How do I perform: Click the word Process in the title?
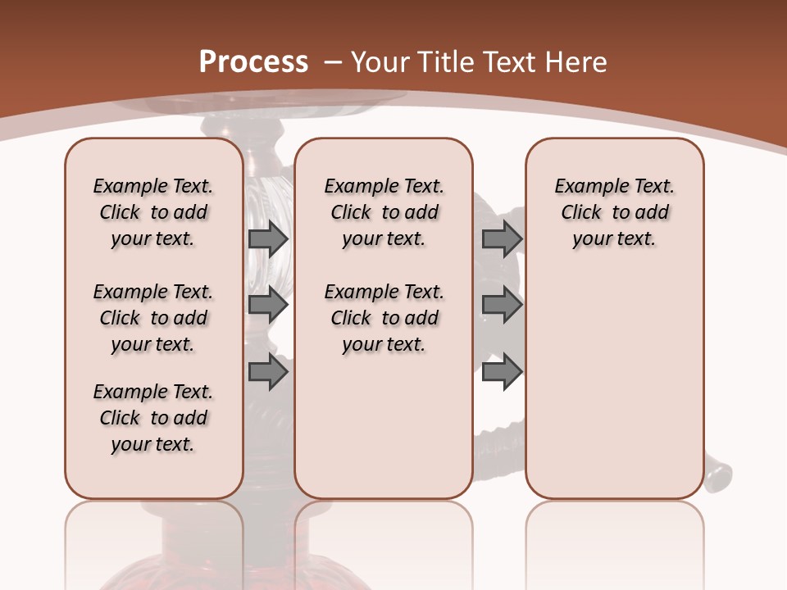click(x=253, y=62)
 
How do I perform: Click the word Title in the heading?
click(x=446, y=62)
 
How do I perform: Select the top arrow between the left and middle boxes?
click(x=268, y=238)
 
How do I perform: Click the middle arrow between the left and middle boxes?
click(x=268, y=305)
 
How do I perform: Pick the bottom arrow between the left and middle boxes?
click(x=268, y=372)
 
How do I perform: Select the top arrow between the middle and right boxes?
click(x=502, y=238)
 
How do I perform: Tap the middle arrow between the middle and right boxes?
click(x=502, y=305)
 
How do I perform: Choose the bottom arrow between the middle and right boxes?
click(x=502, y=372)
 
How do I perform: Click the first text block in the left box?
click(x=153, y=212)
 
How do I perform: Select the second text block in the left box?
click(x=153, y=318)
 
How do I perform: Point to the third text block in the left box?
click(x=153, y=418)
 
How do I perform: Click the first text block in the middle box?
click(x=384, y=212)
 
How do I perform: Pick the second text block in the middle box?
click(x=384, y=318)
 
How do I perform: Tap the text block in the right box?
click(x=614, y=212)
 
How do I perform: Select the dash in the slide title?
click(x=333, y=62)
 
